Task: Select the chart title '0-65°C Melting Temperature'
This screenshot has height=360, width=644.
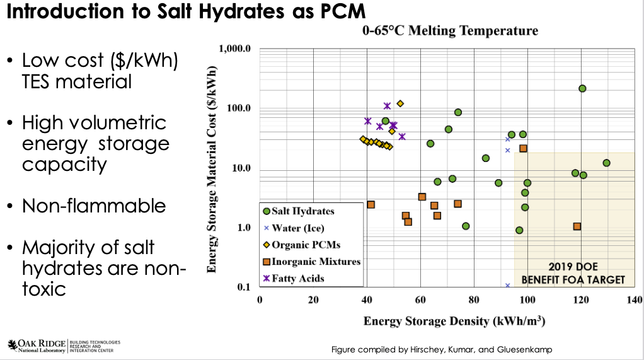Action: pyautogui.click(x=449, y=30)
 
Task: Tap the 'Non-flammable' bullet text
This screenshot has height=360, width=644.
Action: pyautogui.click(x=94, y=206)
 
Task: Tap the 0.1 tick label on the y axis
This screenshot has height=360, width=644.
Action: pyautogui.click(x=244, y=287)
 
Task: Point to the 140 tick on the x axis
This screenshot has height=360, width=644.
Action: pyautogui.click(x=635, y=299)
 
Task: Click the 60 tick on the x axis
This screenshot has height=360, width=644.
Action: pyautogui.click(x=420, y=299)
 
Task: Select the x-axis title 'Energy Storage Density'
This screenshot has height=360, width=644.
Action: pyautogui.click(x=454, y=321)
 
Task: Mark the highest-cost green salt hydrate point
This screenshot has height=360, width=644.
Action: pyautogui.click(x=582, y=88)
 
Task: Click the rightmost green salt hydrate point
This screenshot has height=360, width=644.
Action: pyautogui.click(x=606, y=163)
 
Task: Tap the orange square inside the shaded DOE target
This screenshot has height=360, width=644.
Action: pyautogui.click(x=577, y=226)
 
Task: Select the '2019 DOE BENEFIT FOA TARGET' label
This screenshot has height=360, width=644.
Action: pyautogui.click(x=573, y=274)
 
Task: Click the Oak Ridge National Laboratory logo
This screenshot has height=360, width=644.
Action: pyautogui.click(x=63, y=345)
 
